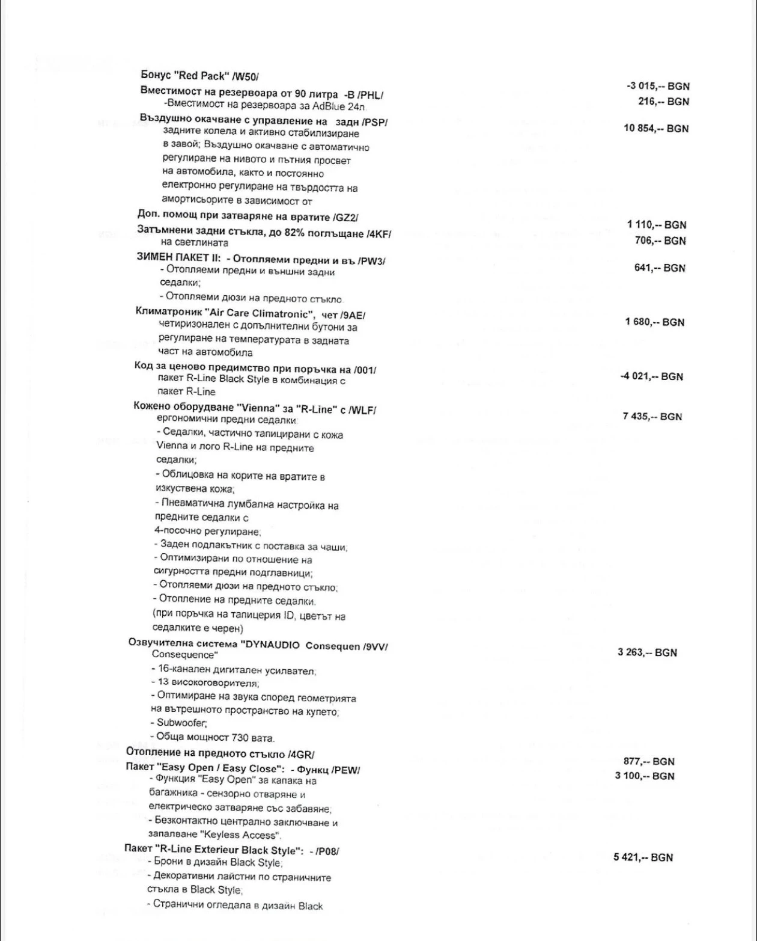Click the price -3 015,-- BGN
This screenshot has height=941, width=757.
click(x=658, y=87)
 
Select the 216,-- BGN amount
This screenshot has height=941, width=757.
click(x=663, y=102)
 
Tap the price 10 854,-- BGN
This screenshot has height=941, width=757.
click(x=657, y=129)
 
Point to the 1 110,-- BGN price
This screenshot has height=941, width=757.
click(x=657, y=225)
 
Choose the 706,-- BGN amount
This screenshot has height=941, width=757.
click(x=660, y=241)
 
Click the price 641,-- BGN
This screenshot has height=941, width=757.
click(x=660, y=268)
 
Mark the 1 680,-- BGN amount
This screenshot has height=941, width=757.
click(x=655, y=322)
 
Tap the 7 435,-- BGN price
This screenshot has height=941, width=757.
click(x=652, y=417)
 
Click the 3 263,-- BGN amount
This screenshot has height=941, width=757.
click(x=647, y=652)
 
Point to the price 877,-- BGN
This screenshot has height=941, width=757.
click(x=649, y=761)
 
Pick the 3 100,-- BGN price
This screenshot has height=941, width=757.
click(x=645, y=776)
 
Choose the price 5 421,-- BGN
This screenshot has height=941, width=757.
click(x=643, y=857)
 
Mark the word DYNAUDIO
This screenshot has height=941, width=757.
click(x=270, y=646)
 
